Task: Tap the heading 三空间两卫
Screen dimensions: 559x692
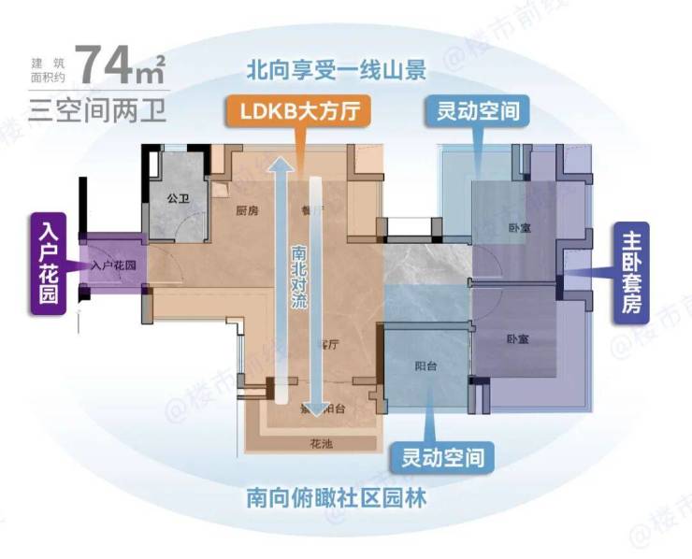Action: point(96,108)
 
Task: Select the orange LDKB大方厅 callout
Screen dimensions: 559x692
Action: point(296,112)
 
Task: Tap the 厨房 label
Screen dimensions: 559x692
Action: point(247,211)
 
